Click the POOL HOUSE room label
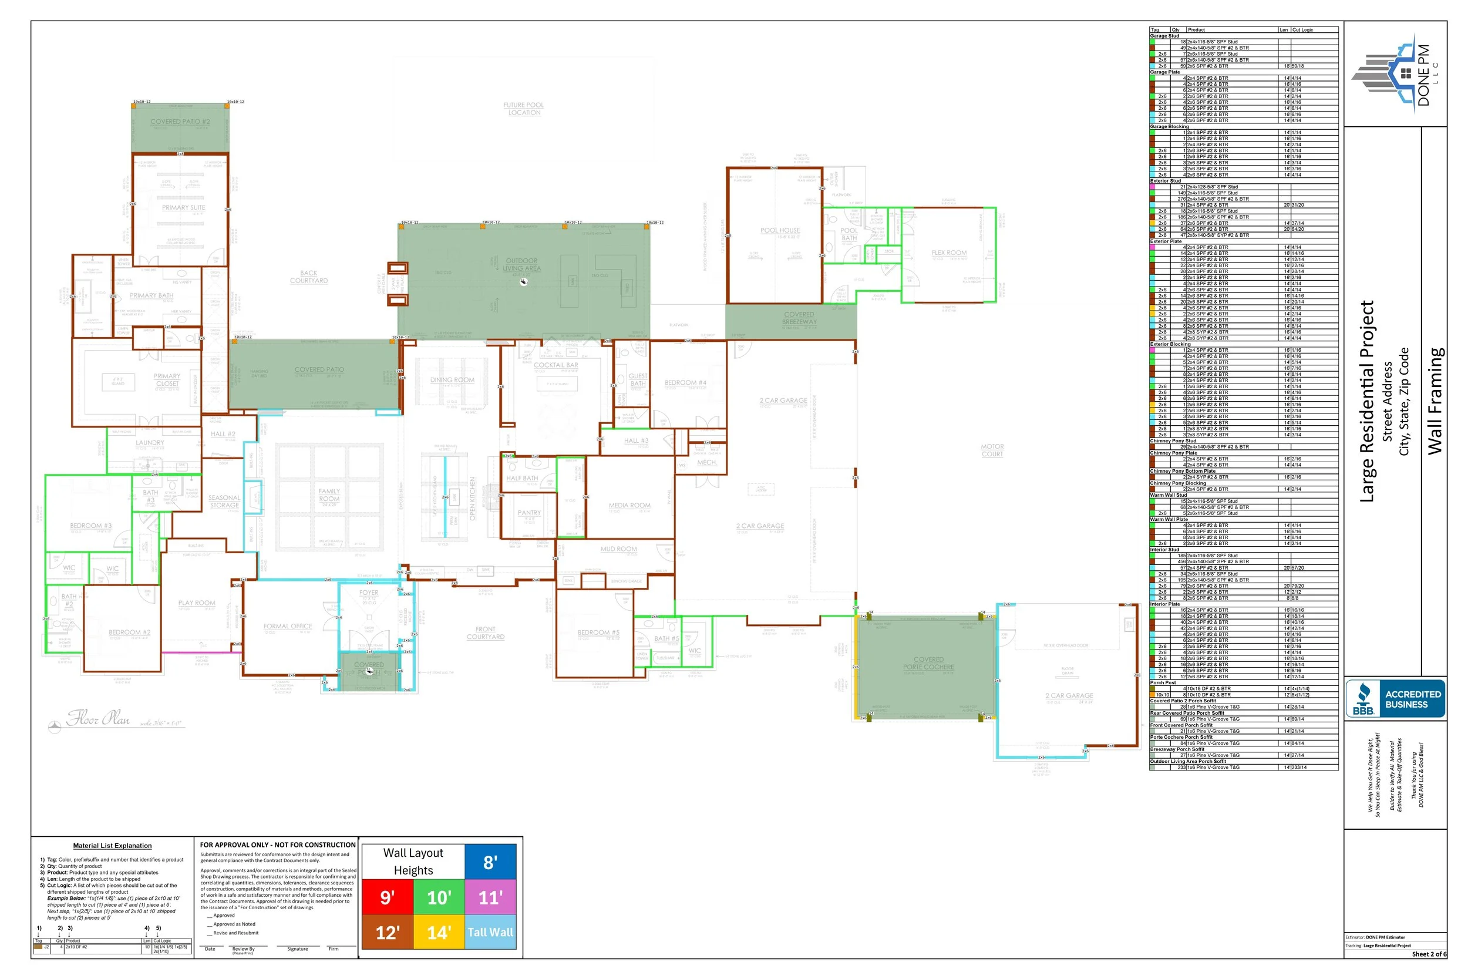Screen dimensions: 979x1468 [x=780, y=230]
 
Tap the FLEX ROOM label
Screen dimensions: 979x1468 [x=949, y=253]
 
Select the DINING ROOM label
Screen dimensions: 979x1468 [x=452, y=379]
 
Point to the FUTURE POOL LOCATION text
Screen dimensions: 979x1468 [x=524, y=109]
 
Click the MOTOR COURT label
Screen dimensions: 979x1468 [x=992, y=450]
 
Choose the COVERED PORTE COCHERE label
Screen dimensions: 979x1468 [x=928, y=663]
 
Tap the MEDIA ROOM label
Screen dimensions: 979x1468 [x=629, y=505]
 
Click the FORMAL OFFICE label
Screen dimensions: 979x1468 [x=288, y=626]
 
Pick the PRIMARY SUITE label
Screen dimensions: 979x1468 [x=183, y=207]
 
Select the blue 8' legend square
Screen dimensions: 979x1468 [x=490, y=862]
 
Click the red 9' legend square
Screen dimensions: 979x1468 [x=387, y=897]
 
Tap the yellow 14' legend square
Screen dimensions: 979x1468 [x=439, y=932]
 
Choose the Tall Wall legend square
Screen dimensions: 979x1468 [x=490, y=932]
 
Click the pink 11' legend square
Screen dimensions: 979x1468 [x=490, y=897]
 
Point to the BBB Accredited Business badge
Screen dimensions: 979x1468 [x=1395, y=699]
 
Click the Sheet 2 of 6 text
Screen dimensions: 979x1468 [x=1429, y=954]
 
